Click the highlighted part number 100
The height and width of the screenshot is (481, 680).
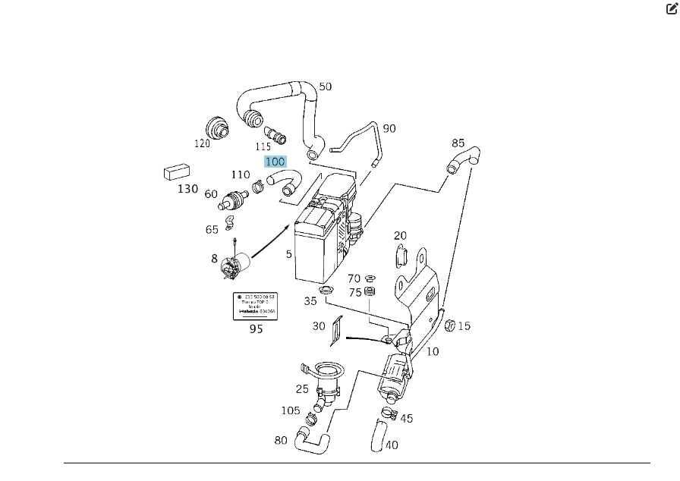275,162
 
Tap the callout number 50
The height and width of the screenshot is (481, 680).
325,86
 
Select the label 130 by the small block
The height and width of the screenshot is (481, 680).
187,189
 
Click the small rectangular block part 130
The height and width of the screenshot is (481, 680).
176,172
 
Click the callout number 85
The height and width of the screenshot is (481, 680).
458,143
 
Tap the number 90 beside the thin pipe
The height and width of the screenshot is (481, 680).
389,128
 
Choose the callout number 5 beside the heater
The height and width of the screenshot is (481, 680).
288,255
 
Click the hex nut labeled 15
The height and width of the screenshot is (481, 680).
448,325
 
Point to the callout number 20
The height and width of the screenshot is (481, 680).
400,236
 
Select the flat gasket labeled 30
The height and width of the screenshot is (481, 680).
338,326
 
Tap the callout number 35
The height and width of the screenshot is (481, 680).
310,300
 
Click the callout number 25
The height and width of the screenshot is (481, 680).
302,389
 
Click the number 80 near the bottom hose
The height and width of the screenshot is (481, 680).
281,440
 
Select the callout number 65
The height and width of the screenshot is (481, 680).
212,230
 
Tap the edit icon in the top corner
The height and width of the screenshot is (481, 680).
671,9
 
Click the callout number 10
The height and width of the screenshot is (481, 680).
432,352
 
